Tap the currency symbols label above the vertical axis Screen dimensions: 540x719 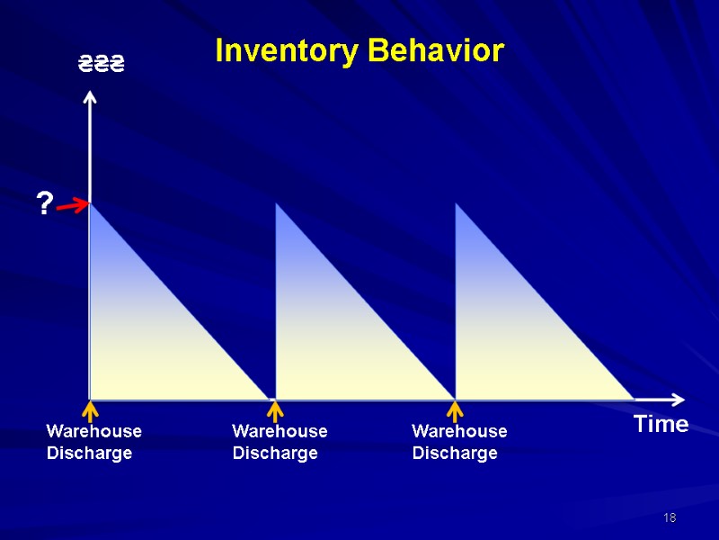[100, 64]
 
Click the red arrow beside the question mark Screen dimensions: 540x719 [72, 208]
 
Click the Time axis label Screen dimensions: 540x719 [661, 425]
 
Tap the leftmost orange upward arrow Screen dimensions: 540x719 [89, 412]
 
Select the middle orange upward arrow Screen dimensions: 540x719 [275, 412]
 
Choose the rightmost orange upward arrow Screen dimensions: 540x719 [455, 412]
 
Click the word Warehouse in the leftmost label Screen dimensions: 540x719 [93, 431]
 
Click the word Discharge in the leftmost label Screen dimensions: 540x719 [89, 454]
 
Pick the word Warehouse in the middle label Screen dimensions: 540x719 [280, 431]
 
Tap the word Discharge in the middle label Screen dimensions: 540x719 [275, 454]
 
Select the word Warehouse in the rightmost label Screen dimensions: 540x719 [459, 431]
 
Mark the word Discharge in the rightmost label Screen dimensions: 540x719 [455, 454]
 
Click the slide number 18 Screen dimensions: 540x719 [669, 517]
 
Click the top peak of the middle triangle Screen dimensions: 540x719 [277, 205]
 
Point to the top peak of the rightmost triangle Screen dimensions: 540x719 [457, 205]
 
